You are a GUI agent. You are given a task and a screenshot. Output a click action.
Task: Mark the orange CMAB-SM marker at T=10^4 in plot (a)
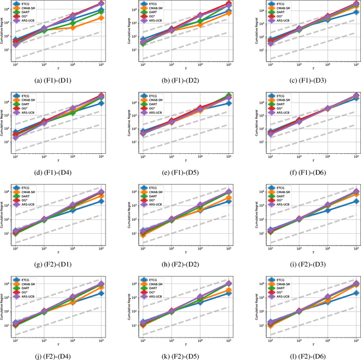point(73,27)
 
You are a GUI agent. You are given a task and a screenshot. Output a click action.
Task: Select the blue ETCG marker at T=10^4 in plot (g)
point(73,210)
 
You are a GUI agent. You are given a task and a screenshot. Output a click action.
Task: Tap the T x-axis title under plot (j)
point(59,341)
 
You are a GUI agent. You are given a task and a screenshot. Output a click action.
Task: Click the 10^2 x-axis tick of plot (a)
point(16,64)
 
